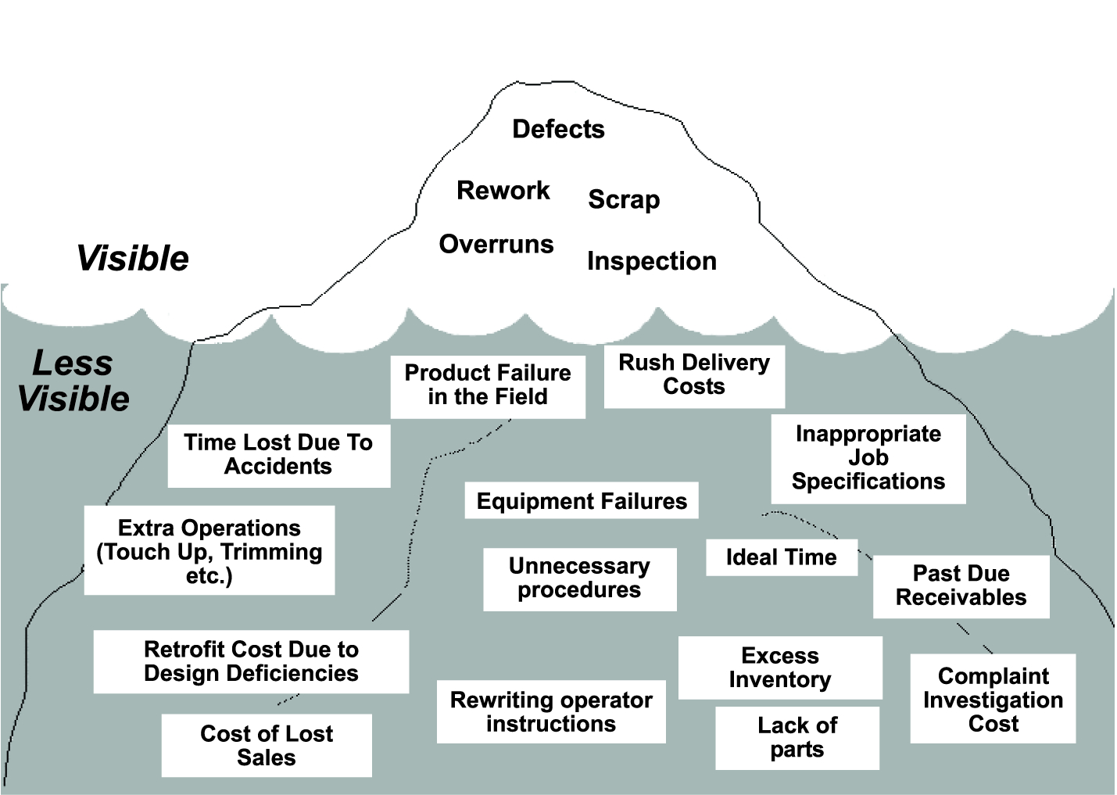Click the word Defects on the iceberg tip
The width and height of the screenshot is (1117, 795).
(x=558, y=129)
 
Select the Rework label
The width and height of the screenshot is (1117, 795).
(x=503, y=190)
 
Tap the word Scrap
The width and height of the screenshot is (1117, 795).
(x=624, y=199)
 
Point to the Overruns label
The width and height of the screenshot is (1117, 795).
(x=496, y=244)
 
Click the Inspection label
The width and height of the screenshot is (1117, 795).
(x=651, y=261)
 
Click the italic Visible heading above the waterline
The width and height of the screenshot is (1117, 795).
(x=133, y=259)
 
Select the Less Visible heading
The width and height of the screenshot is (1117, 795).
(x=73, y=381)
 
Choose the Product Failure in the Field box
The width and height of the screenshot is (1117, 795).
(x=488, y=385)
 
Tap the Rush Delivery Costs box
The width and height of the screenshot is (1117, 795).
(x=694, y=375)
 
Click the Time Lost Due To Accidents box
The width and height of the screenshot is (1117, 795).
(x=278, y=454)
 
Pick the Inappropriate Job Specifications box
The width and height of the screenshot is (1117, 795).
(x=868, y=458)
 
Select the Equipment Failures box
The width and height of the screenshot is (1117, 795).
(x=581, y=500)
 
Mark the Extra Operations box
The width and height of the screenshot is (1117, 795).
(x=209, y=551)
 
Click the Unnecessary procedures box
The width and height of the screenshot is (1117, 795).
(x=579, y=578)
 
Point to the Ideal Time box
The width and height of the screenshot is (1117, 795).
(x=781, y=557)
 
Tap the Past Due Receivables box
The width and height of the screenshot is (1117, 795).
(x=961, y=586)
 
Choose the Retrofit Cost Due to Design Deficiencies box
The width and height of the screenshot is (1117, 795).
(x=251, y=661)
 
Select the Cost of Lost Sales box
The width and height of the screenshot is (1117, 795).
(x=267, y=745)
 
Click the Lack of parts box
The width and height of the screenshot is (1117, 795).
(x=797, y=737)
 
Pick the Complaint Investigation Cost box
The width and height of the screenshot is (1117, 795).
(x=993, y=699)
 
